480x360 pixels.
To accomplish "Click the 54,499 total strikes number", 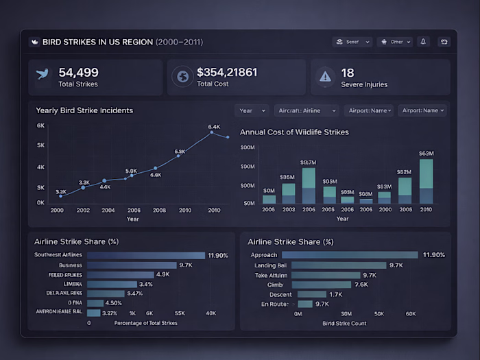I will (78, 72).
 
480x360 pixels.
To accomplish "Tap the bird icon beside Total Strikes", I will (43, 76).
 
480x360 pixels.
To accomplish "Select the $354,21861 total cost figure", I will (226, 72).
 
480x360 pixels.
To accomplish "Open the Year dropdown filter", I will (251, 110).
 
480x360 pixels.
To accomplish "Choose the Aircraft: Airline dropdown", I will (307, 110).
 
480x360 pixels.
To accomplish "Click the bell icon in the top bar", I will (423, 42).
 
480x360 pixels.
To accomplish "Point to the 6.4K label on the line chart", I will (214, 127).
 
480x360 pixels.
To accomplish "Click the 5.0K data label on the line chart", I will (131, 171).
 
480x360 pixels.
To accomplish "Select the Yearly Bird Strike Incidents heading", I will (84, 110).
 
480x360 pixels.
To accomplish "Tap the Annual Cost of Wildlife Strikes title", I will (294, 132).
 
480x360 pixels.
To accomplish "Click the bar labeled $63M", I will (426, 181).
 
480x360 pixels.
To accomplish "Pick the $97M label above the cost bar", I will (309, 163).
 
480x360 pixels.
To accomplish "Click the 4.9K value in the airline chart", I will (163, 274).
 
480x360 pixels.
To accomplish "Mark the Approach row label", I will (264, 255).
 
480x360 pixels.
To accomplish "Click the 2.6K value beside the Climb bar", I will (361, 284).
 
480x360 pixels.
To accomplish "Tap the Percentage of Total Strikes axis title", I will (145, 322).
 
